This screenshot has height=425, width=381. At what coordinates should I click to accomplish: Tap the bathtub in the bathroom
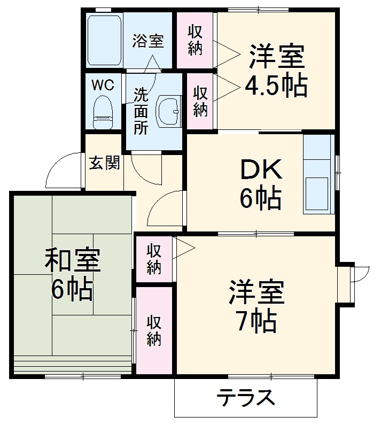(x=105, y=40)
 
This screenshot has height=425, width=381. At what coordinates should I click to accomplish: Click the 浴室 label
(x=148, y=41)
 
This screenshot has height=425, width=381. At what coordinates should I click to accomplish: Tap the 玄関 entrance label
(x=104, y=163)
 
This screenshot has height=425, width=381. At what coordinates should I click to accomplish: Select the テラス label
(x=246, y=398)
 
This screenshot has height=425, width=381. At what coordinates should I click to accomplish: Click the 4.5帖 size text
(x=276, y=86)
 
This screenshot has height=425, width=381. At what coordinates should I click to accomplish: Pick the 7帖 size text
(x=257, y=320)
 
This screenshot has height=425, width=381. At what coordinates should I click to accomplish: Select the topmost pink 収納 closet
(x=195, y=40)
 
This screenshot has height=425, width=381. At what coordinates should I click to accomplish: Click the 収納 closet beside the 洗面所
(x=200, y=101)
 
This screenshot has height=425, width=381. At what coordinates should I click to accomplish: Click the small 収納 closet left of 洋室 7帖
(x=154, y=259)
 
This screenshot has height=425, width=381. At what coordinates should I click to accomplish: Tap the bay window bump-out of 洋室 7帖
(x=345, y=283)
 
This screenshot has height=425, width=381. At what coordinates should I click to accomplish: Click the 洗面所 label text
(x=141, y=112)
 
